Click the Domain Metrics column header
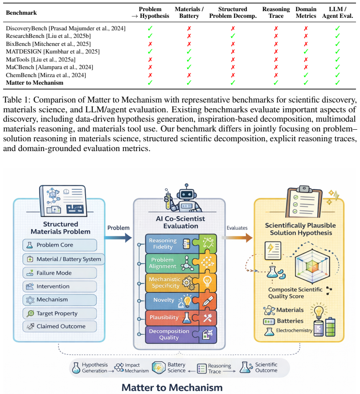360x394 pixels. [306, 12]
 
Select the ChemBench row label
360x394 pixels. [46, 75]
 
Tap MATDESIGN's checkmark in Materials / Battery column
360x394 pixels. [189, 52]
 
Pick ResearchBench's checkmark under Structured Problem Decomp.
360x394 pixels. [233, 36]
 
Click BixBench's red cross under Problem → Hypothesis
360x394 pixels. [150, 44]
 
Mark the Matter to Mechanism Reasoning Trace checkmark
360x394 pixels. [276, 82]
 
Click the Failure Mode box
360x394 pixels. [60, 273]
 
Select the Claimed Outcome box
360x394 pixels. [60, 326]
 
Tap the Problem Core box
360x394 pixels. [60, 245]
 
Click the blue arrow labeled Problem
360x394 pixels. [118, 238]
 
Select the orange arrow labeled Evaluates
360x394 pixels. [237, 238]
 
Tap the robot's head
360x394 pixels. [186, 194]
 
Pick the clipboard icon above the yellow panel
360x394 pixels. [304, 202]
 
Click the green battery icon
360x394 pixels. [330, 327]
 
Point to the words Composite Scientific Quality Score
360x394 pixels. [295, 293]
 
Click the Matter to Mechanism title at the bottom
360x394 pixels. [172, 387]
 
